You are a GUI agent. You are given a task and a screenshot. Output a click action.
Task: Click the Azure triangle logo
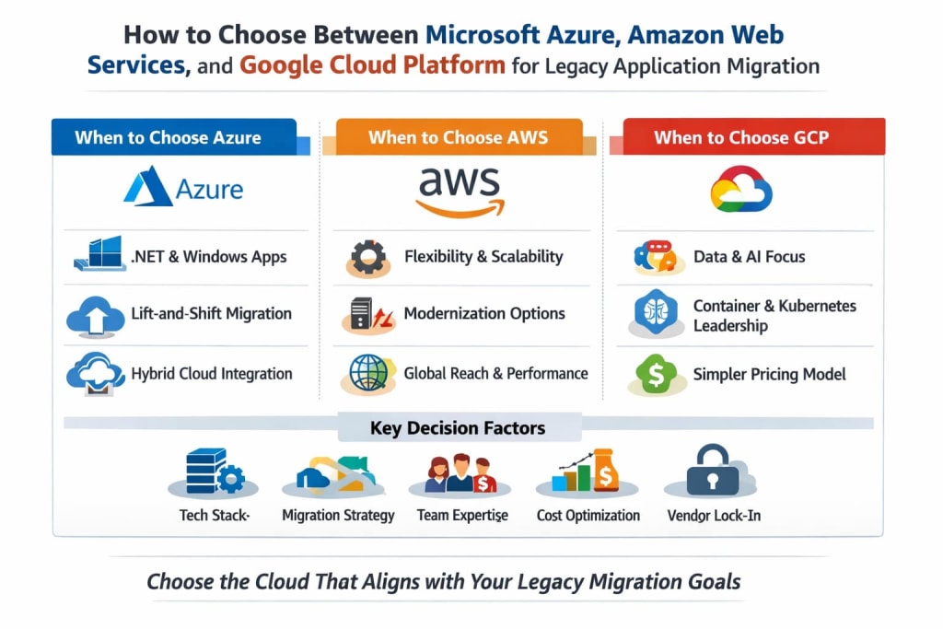click(147, 189)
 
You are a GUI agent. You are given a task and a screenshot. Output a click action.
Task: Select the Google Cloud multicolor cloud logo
click(741, 189)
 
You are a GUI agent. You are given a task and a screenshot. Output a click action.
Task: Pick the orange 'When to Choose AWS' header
click(458, 137)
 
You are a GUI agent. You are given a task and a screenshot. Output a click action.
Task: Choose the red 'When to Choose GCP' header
click(741, 137)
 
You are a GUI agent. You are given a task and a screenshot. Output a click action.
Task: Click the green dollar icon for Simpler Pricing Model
click(656, 373)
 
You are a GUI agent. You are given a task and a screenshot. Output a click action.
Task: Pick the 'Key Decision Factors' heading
click(458, 428)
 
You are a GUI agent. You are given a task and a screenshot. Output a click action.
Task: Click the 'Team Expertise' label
click(462, 516)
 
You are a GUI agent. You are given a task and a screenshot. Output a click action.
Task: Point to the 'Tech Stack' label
click(214, 516)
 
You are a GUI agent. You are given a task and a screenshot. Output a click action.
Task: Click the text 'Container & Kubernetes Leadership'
click(774, 315)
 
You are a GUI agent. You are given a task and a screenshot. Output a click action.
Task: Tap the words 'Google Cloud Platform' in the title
click(372, 65)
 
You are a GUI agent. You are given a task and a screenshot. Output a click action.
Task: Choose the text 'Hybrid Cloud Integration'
click(212, 374)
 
